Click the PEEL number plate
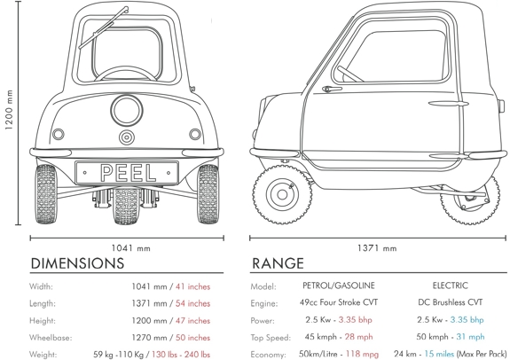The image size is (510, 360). pos(127,173)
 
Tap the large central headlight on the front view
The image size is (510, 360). pos(127,110)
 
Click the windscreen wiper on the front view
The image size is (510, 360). pos(104,27)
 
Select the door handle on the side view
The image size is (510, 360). pos(332,89)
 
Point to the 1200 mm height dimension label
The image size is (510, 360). pos(9,110)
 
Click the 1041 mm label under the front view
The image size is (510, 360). pos(131,248)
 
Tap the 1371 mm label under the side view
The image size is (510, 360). pos(377,248)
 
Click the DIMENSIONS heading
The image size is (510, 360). pos(77,263)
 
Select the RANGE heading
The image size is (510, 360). pos(278,263)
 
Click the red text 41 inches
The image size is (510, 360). pos(192,286)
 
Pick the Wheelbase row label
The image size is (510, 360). pos(51,338)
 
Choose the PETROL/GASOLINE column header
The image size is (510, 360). pos(339,286)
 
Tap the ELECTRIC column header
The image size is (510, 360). pos(451,286)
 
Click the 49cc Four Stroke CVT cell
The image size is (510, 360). pos(339,302)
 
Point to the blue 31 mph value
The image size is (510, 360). pos(470,337)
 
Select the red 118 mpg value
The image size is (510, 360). pos(362,354)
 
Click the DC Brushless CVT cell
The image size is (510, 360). pos(451,302)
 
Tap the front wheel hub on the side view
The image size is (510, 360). pos(282,194)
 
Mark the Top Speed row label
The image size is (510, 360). pos(271,338)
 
